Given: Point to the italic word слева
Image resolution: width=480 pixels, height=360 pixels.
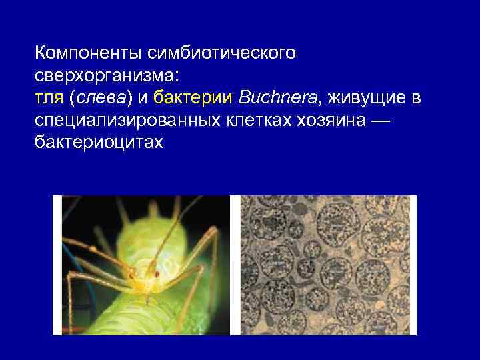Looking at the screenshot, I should click(x=100, y=99).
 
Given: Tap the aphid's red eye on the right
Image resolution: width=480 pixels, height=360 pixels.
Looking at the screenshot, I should click(x=157, y=273).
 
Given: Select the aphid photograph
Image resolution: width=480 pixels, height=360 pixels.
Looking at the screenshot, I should click(x=141, y=265).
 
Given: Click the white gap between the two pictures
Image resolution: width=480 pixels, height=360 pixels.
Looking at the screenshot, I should click(x=235, y=265).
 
